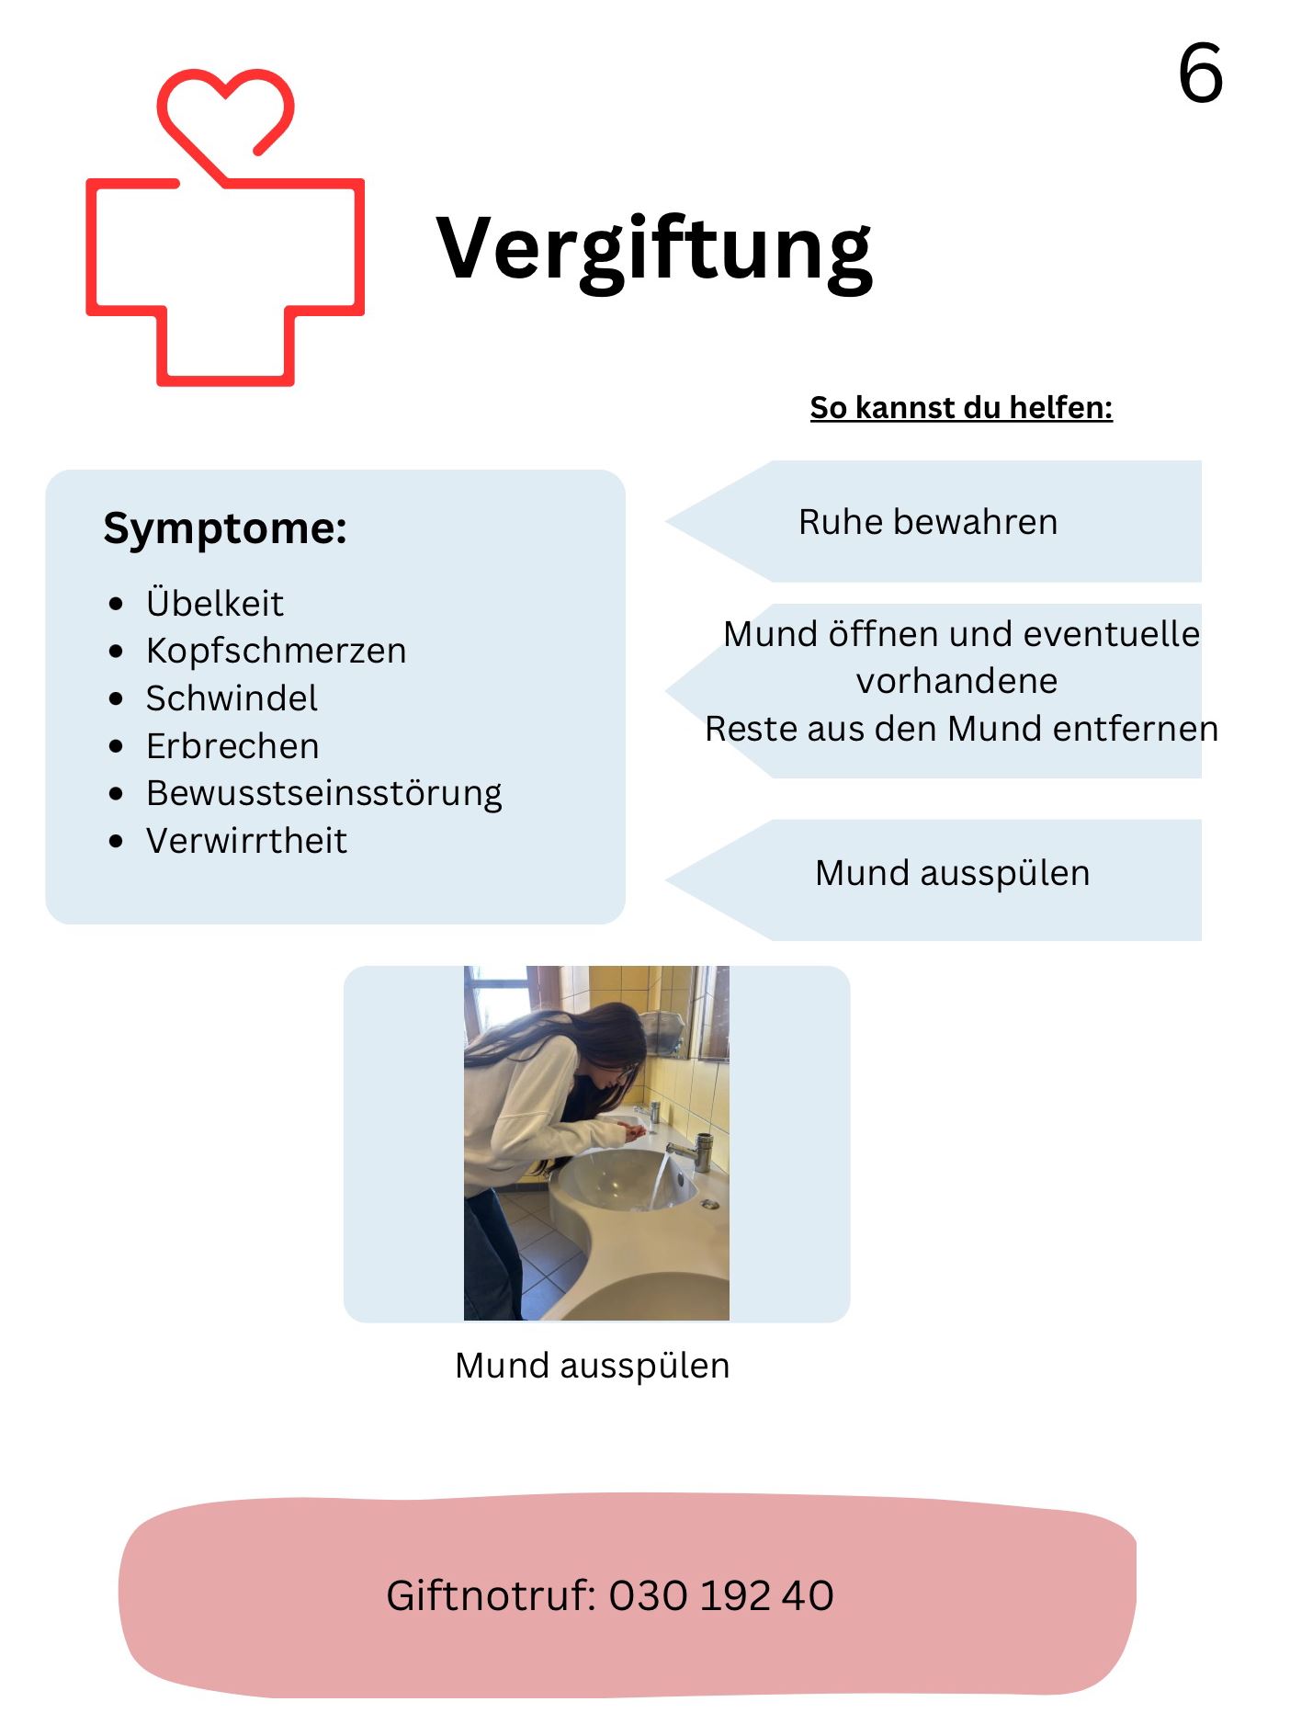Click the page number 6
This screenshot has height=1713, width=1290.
point(1200,73)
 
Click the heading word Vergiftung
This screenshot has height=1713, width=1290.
point(653,248)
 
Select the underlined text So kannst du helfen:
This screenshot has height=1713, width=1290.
point(961,407)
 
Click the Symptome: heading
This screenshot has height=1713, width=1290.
point(225,528)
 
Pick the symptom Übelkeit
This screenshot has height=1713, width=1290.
point(215,604)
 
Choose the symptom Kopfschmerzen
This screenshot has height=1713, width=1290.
point(276,651)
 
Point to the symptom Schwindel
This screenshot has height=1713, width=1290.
point(232,698)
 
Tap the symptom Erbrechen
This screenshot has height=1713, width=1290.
point(232,746)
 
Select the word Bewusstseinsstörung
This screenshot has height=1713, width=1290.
point(323,793)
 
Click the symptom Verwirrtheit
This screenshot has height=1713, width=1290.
point(246,841)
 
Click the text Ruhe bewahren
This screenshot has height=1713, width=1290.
point(928,522)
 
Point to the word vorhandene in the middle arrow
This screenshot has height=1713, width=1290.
point(956,681)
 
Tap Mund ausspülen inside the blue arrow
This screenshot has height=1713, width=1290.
point(952,873)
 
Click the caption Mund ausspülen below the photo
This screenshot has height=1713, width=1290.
point(592,1366)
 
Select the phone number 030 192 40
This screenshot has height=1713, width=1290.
point(721,1595)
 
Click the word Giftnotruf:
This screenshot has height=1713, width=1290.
point(492,1595)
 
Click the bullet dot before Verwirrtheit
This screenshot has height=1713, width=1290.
point(116,841)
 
